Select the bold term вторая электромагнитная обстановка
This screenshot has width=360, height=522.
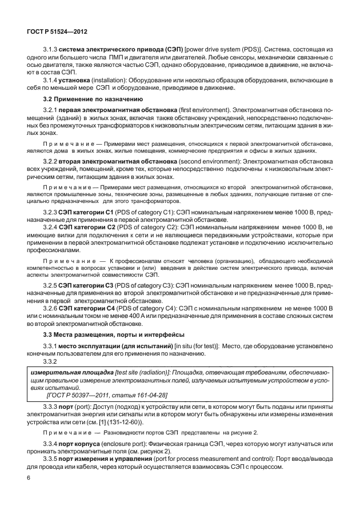click(x=112, y=162)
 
